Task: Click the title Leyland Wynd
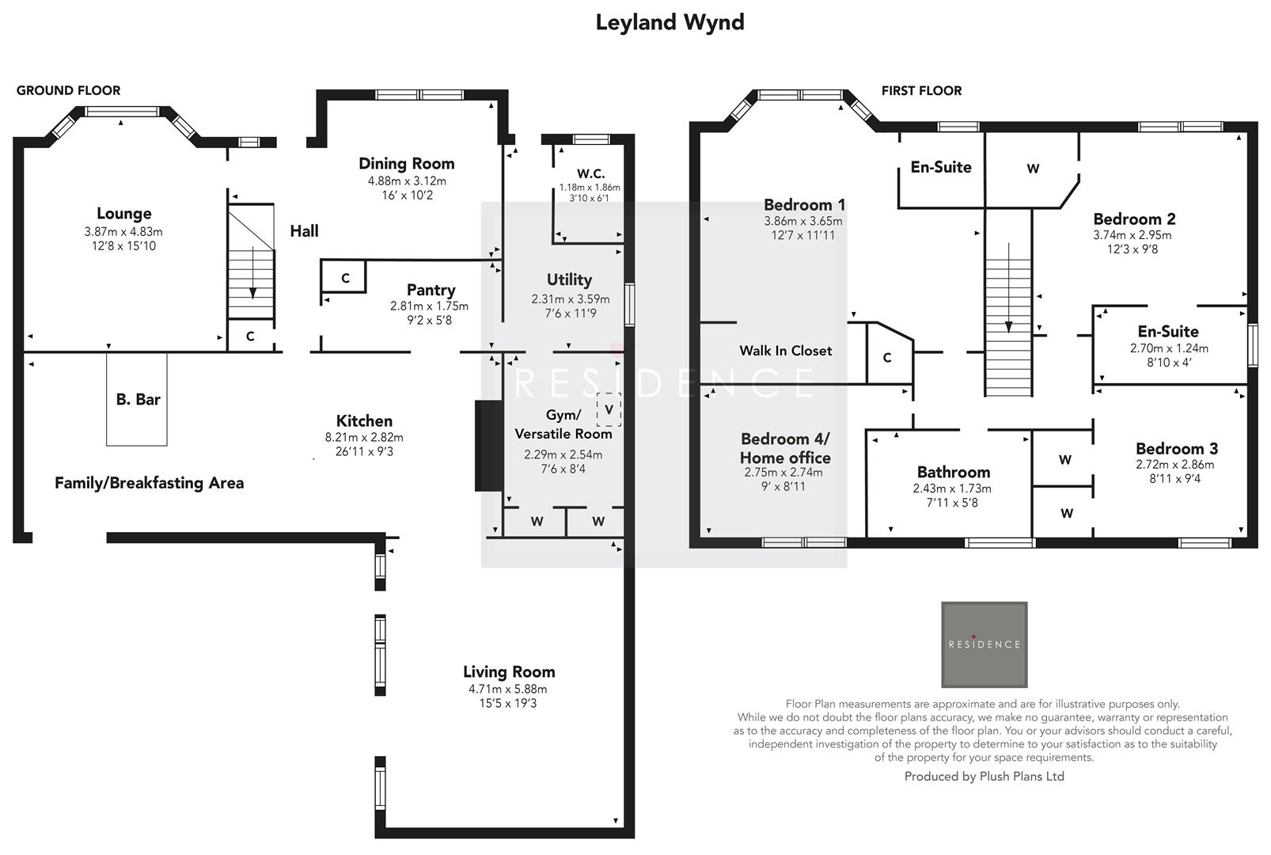click(670, 22)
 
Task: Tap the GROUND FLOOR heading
click(69, 90)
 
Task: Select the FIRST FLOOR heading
click(921, 90)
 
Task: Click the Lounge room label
click(123, 213)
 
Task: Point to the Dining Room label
click(406, 164)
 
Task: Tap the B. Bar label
click(138, 400)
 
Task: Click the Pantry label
click(431, 290)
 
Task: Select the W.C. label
click(590, 173)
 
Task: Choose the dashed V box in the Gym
click(609, 409)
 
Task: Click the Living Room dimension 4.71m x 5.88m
click(507, 689)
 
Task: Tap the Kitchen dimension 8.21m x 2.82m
click(364, 437)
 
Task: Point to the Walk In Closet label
click(785, 351)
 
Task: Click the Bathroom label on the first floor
click(953, 472)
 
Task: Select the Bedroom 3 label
click(1176, 449)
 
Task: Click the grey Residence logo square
click(984, 644)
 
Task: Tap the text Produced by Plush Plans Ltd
click(984, 777)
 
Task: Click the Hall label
click(304, 231)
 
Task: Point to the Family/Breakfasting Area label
click(149, 483)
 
